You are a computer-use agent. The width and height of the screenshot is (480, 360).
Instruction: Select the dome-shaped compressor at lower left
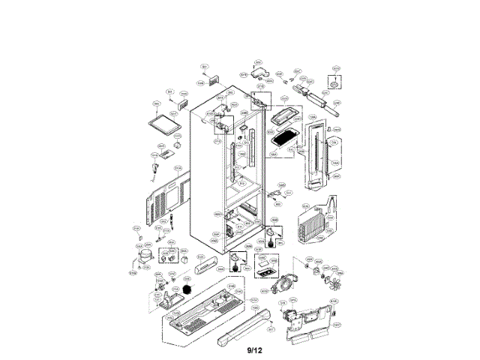[139, 258]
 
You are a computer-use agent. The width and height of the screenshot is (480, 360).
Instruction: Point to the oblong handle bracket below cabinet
[204, 267]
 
